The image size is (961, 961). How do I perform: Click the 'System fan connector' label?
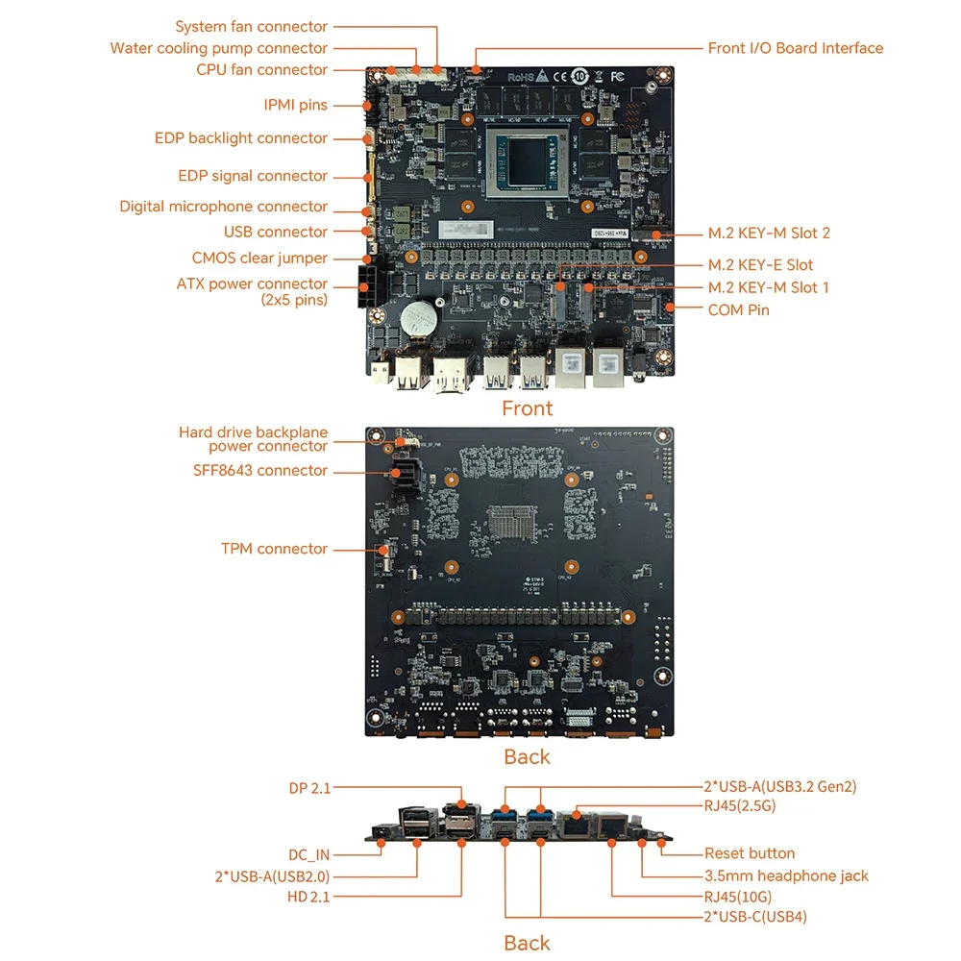[x=251, y=27]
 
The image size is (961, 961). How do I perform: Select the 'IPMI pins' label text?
[x=295, y=105]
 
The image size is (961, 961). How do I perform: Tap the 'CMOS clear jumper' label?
[x=259, y=258]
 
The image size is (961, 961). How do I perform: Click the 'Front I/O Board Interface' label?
[x=795, y=48]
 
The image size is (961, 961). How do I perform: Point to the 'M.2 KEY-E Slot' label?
[x=760, y=264]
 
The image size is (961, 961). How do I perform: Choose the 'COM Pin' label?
[x=738, y=309]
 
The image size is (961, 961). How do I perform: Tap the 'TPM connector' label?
[x=274, y=549]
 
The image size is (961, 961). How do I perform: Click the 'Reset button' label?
[x=749, y=853]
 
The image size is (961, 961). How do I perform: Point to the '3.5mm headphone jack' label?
[x=786, y=875]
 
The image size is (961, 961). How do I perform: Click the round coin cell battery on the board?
[x=418, y=318]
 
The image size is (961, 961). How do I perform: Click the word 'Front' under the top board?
[x=527, y=408]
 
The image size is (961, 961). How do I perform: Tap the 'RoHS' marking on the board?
[x=521, y=75]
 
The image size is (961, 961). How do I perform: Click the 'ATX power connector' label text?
[x=252, y=283]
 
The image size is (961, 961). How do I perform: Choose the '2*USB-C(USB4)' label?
[x=755, y=916]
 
